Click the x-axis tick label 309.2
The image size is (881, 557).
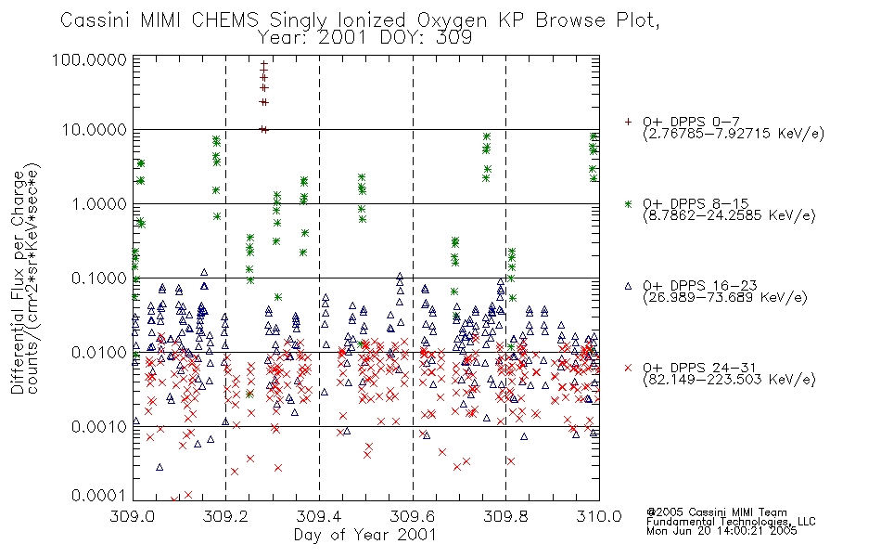[225, 516]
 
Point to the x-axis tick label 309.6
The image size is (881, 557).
[413, 516]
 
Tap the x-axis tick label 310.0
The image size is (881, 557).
[599, 516]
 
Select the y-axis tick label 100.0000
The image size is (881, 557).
[90, 59]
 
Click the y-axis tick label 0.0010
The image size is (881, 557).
[99, 426]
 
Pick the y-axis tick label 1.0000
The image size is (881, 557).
[99, 203]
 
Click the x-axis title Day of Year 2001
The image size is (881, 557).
[365, 535]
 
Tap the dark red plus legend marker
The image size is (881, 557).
[628, 122]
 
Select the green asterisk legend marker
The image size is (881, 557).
[628, 203]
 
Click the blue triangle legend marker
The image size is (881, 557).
[628, 286]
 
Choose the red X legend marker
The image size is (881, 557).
[628, 368]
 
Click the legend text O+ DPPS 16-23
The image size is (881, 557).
[700, 286]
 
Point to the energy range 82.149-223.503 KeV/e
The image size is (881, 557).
[729, 380]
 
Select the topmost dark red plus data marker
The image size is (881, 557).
[263, 64]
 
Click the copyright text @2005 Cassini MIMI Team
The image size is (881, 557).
[716, 512]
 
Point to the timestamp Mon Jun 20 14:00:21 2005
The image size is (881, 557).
[721, 531]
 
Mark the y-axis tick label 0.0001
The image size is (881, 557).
[99, 496]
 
